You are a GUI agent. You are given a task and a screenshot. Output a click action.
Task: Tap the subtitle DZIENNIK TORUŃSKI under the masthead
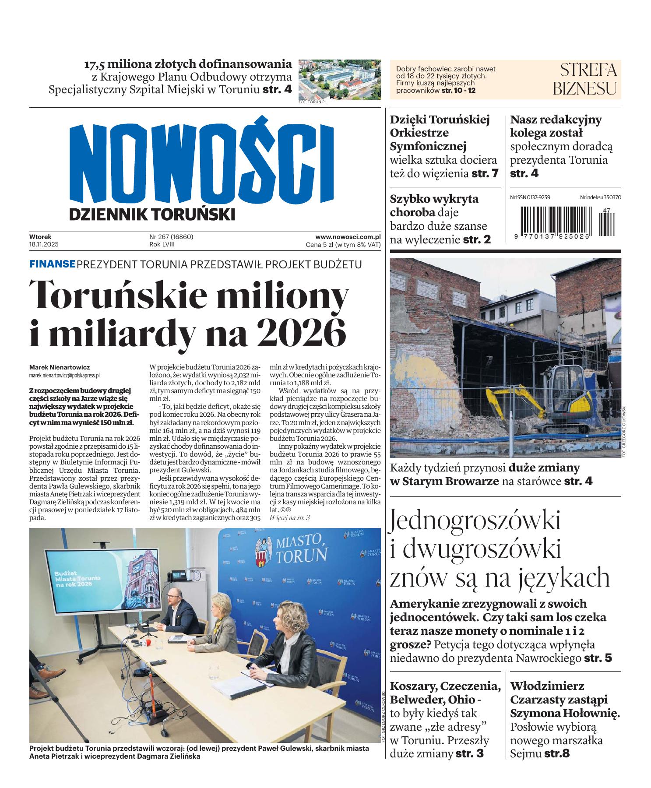[x=152, y=215]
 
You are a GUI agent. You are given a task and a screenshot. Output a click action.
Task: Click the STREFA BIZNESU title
[x=584, y=79]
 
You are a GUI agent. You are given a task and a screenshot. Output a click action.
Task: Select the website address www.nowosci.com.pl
[x=348, y=237]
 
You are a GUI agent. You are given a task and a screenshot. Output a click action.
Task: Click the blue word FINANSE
[x=52, y=264]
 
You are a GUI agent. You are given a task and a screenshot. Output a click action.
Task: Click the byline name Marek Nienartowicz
[x=60, y=367]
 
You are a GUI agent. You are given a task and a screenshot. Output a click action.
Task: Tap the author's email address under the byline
[x=64, y=375]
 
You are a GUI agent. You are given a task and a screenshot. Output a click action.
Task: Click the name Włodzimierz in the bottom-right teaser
[x=547, y=686]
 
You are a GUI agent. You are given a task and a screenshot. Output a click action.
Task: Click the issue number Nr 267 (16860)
[x=171, y=237]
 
